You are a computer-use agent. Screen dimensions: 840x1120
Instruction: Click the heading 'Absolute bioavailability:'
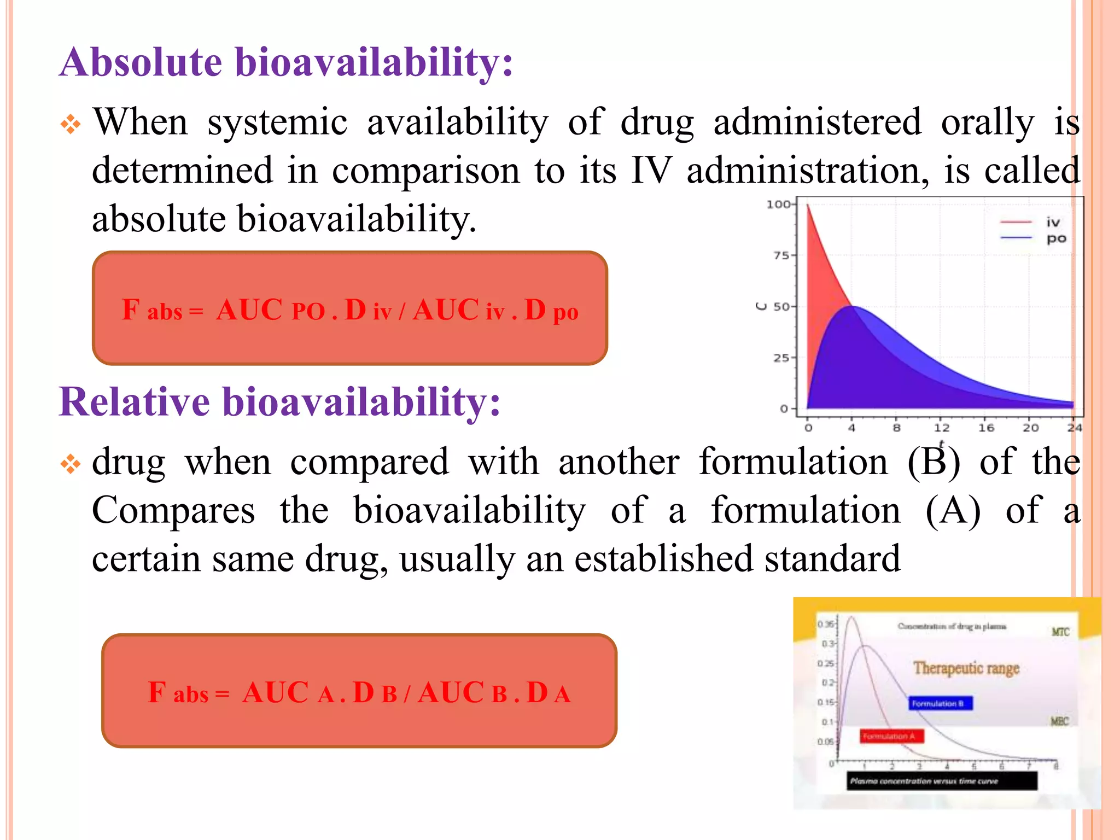point(286,62)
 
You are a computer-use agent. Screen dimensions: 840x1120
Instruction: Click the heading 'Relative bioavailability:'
point(279,402)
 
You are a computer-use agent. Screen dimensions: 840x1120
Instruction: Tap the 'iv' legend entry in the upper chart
point(1053,222)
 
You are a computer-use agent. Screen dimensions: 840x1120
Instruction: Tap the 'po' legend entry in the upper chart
point(1056,238)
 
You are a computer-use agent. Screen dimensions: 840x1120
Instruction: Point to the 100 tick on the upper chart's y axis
point(779,205)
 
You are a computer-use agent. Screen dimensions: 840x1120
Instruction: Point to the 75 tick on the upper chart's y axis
point(782,255)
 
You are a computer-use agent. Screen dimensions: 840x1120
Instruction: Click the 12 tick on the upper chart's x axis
point(941,428)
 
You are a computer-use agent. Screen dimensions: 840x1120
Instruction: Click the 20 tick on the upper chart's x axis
point(1030,428)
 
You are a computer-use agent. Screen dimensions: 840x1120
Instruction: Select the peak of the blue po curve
point(853,307)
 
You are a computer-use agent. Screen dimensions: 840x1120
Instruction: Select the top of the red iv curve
point(808,206)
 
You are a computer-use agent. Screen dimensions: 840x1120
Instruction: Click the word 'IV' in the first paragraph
point(650,170)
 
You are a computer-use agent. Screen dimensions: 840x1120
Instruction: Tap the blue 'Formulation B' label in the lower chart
point(941,703)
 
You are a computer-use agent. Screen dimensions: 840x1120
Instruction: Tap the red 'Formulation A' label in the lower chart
point(891,736)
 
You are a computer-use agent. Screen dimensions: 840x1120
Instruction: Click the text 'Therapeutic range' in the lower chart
point(966,668)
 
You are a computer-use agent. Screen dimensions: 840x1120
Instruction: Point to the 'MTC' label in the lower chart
point(1060,632)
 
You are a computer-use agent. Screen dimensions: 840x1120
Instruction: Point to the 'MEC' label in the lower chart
point(1059,721)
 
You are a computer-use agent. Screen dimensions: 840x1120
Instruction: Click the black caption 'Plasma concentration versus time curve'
point(942,781)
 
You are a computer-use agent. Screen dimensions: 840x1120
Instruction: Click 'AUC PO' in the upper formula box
point(270,311)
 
